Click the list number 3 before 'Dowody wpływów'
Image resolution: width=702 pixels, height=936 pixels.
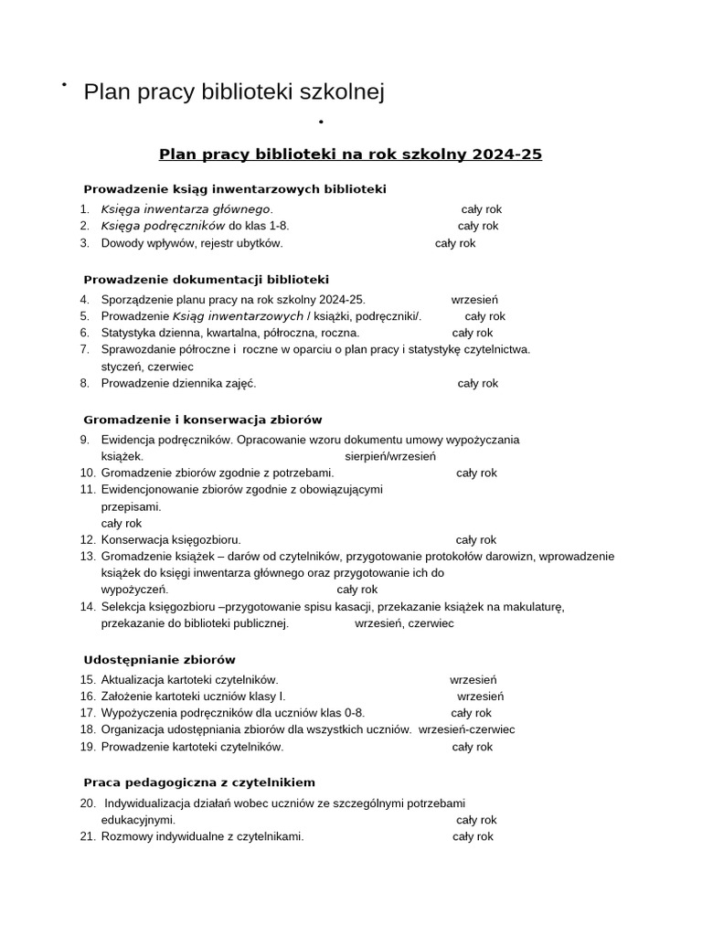84,243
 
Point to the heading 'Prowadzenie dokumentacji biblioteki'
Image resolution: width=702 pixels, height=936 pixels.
206,280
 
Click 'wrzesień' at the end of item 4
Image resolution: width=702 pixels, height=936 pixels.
474,300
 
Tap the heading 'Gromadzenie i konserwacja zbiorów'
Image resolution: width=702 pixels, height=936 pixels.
203,420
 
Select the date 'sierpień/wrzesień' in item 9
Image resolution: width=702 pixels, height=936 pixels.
390,456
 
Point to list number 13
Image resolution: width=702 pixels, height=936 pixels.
88,557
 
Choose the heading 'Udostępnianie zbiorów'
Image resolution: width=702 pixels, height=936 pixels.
159,660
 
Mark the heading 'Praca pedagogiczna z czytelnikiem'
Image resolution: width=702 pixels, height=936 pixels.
199,783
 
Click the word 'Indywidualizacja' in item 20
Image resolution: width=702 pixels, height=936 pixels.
148,803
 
